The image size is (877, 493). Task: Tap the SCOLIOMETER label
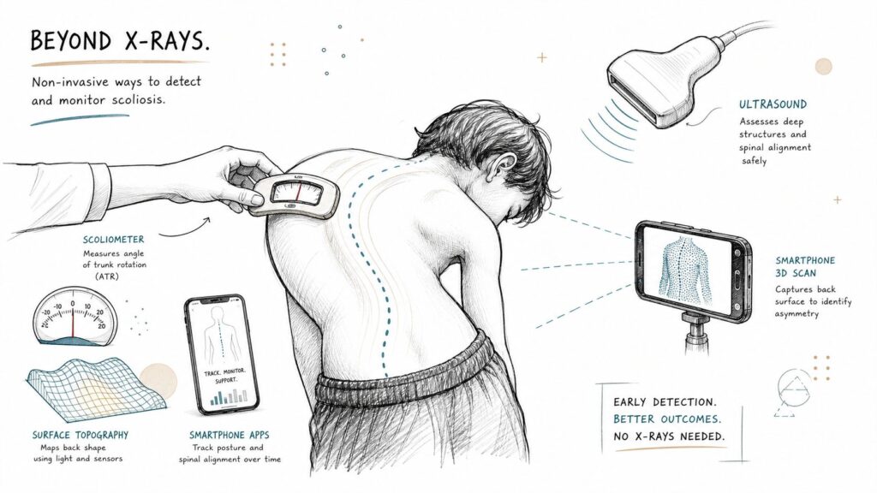pos(114,240)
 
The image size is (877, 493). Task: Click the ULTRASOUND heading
pos(773,104)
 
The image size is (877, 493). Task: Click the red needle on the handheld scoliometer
pos(297,191)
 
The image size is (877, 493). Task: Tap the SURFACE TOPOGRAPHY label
pos(80,435)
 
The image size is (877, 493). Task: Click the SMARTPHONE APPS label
pos(229,435)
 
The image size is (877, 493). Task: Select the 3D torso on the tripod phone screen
pos(684,271)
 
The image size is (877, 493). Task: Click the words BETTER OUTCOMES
pos(666,419)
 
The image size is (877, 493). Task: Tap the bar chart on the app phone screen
pos(228,397)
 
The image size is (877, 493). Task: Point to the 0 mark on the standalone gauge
pos(73,304)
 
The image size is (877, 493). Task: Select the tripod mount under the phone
pos(697,333)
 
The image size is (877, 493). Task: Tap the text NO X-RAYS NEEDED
pos(668,436)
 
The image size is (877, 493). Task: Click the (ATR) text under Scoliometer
pos(106,276)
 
